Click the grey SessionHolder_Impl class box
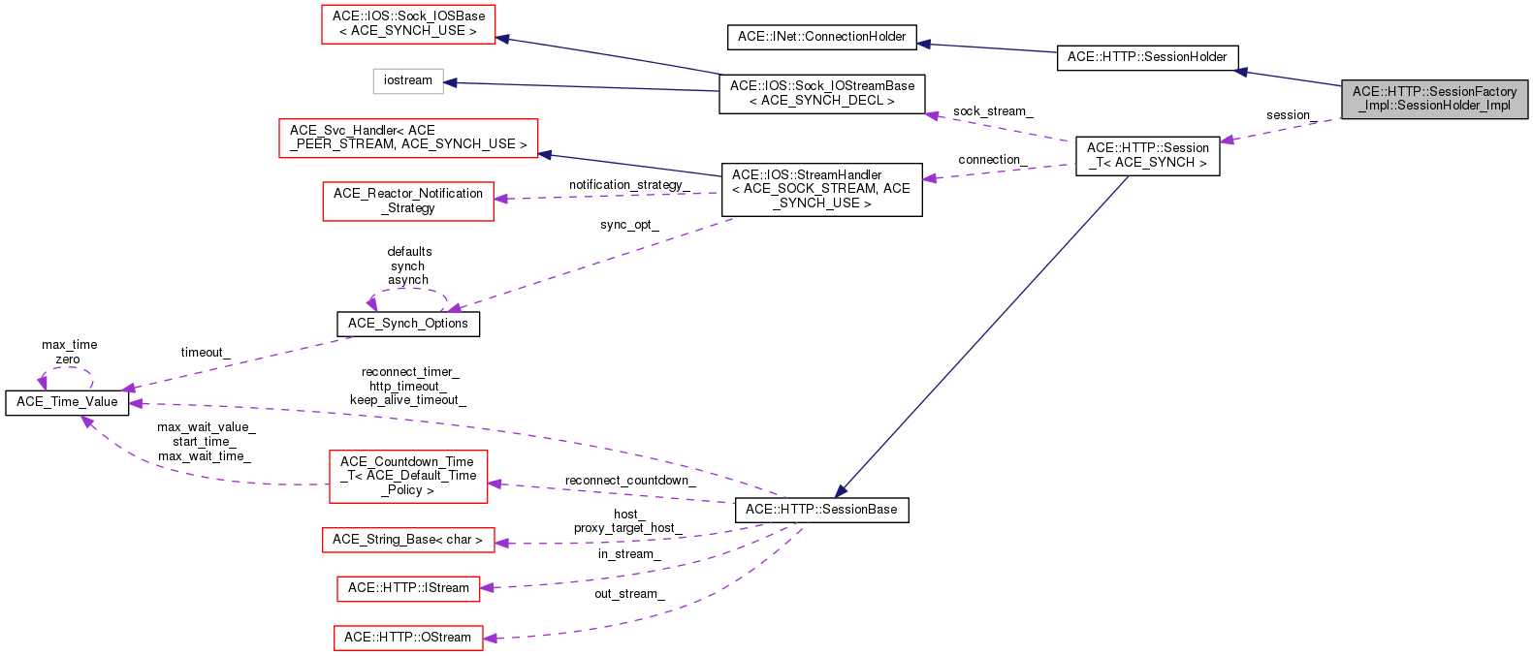tap(1434, 99)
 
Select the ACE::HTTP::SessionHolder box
tap(1147, 57)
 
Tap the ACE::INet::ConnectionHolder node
tap(821, 37)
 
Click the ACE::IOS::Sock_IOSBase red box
tap(407, 24)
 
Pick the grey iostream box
tap(408, 80)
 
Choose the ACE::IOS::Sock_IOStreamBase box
tap(821, 93)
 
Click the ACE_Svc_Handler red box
tap(408, 138)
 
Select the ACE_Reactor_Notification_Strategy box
tap(408, 201)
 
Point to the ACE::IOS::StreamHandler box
tap(821, 189)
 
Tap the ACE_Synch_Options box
tap(408, 324)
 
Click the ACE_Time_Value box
tap(67, 402)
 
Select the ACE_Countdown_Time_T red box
tap(408, 476)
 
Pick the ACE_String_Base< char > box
tap(407, 540)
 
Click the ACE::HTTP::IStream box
tap(408, 588)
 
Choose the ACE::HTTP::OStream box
tap(408, 638)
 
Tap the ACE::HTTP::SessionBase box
tap(821, 510)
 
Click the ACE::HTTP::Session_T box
tap(1147, 155)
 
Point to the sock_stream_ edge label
tap(992, 111)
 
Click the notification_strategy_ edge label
tap(628, 185)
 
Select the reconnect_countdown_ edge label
tap(629, 481)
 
